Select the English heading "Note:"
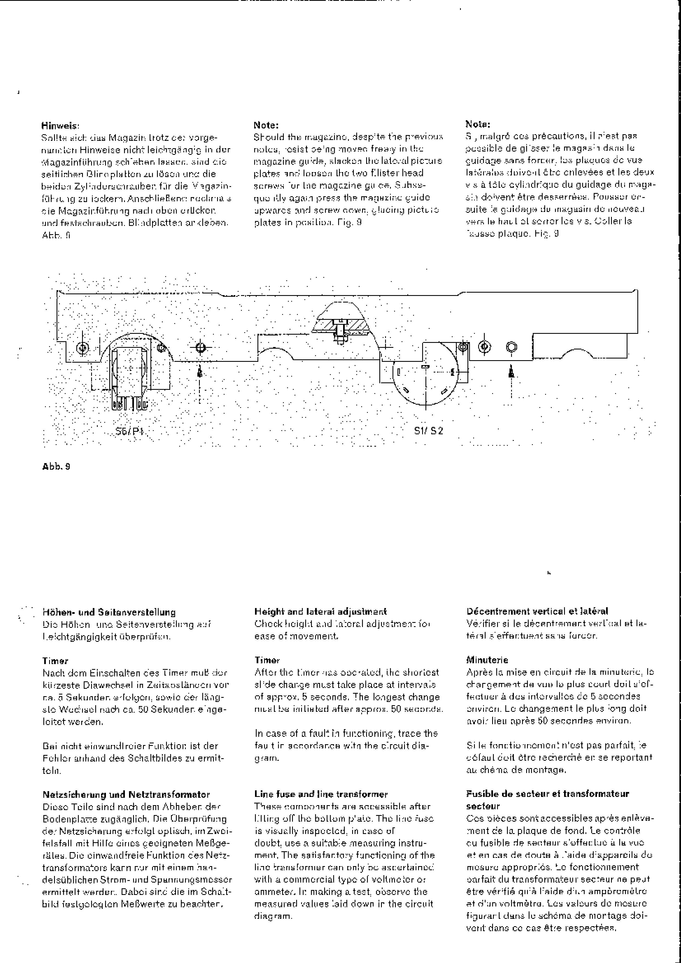(266, 125)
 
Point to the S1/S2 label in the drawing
(428, 431)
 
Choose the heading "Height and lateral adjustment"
(320, 612)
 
